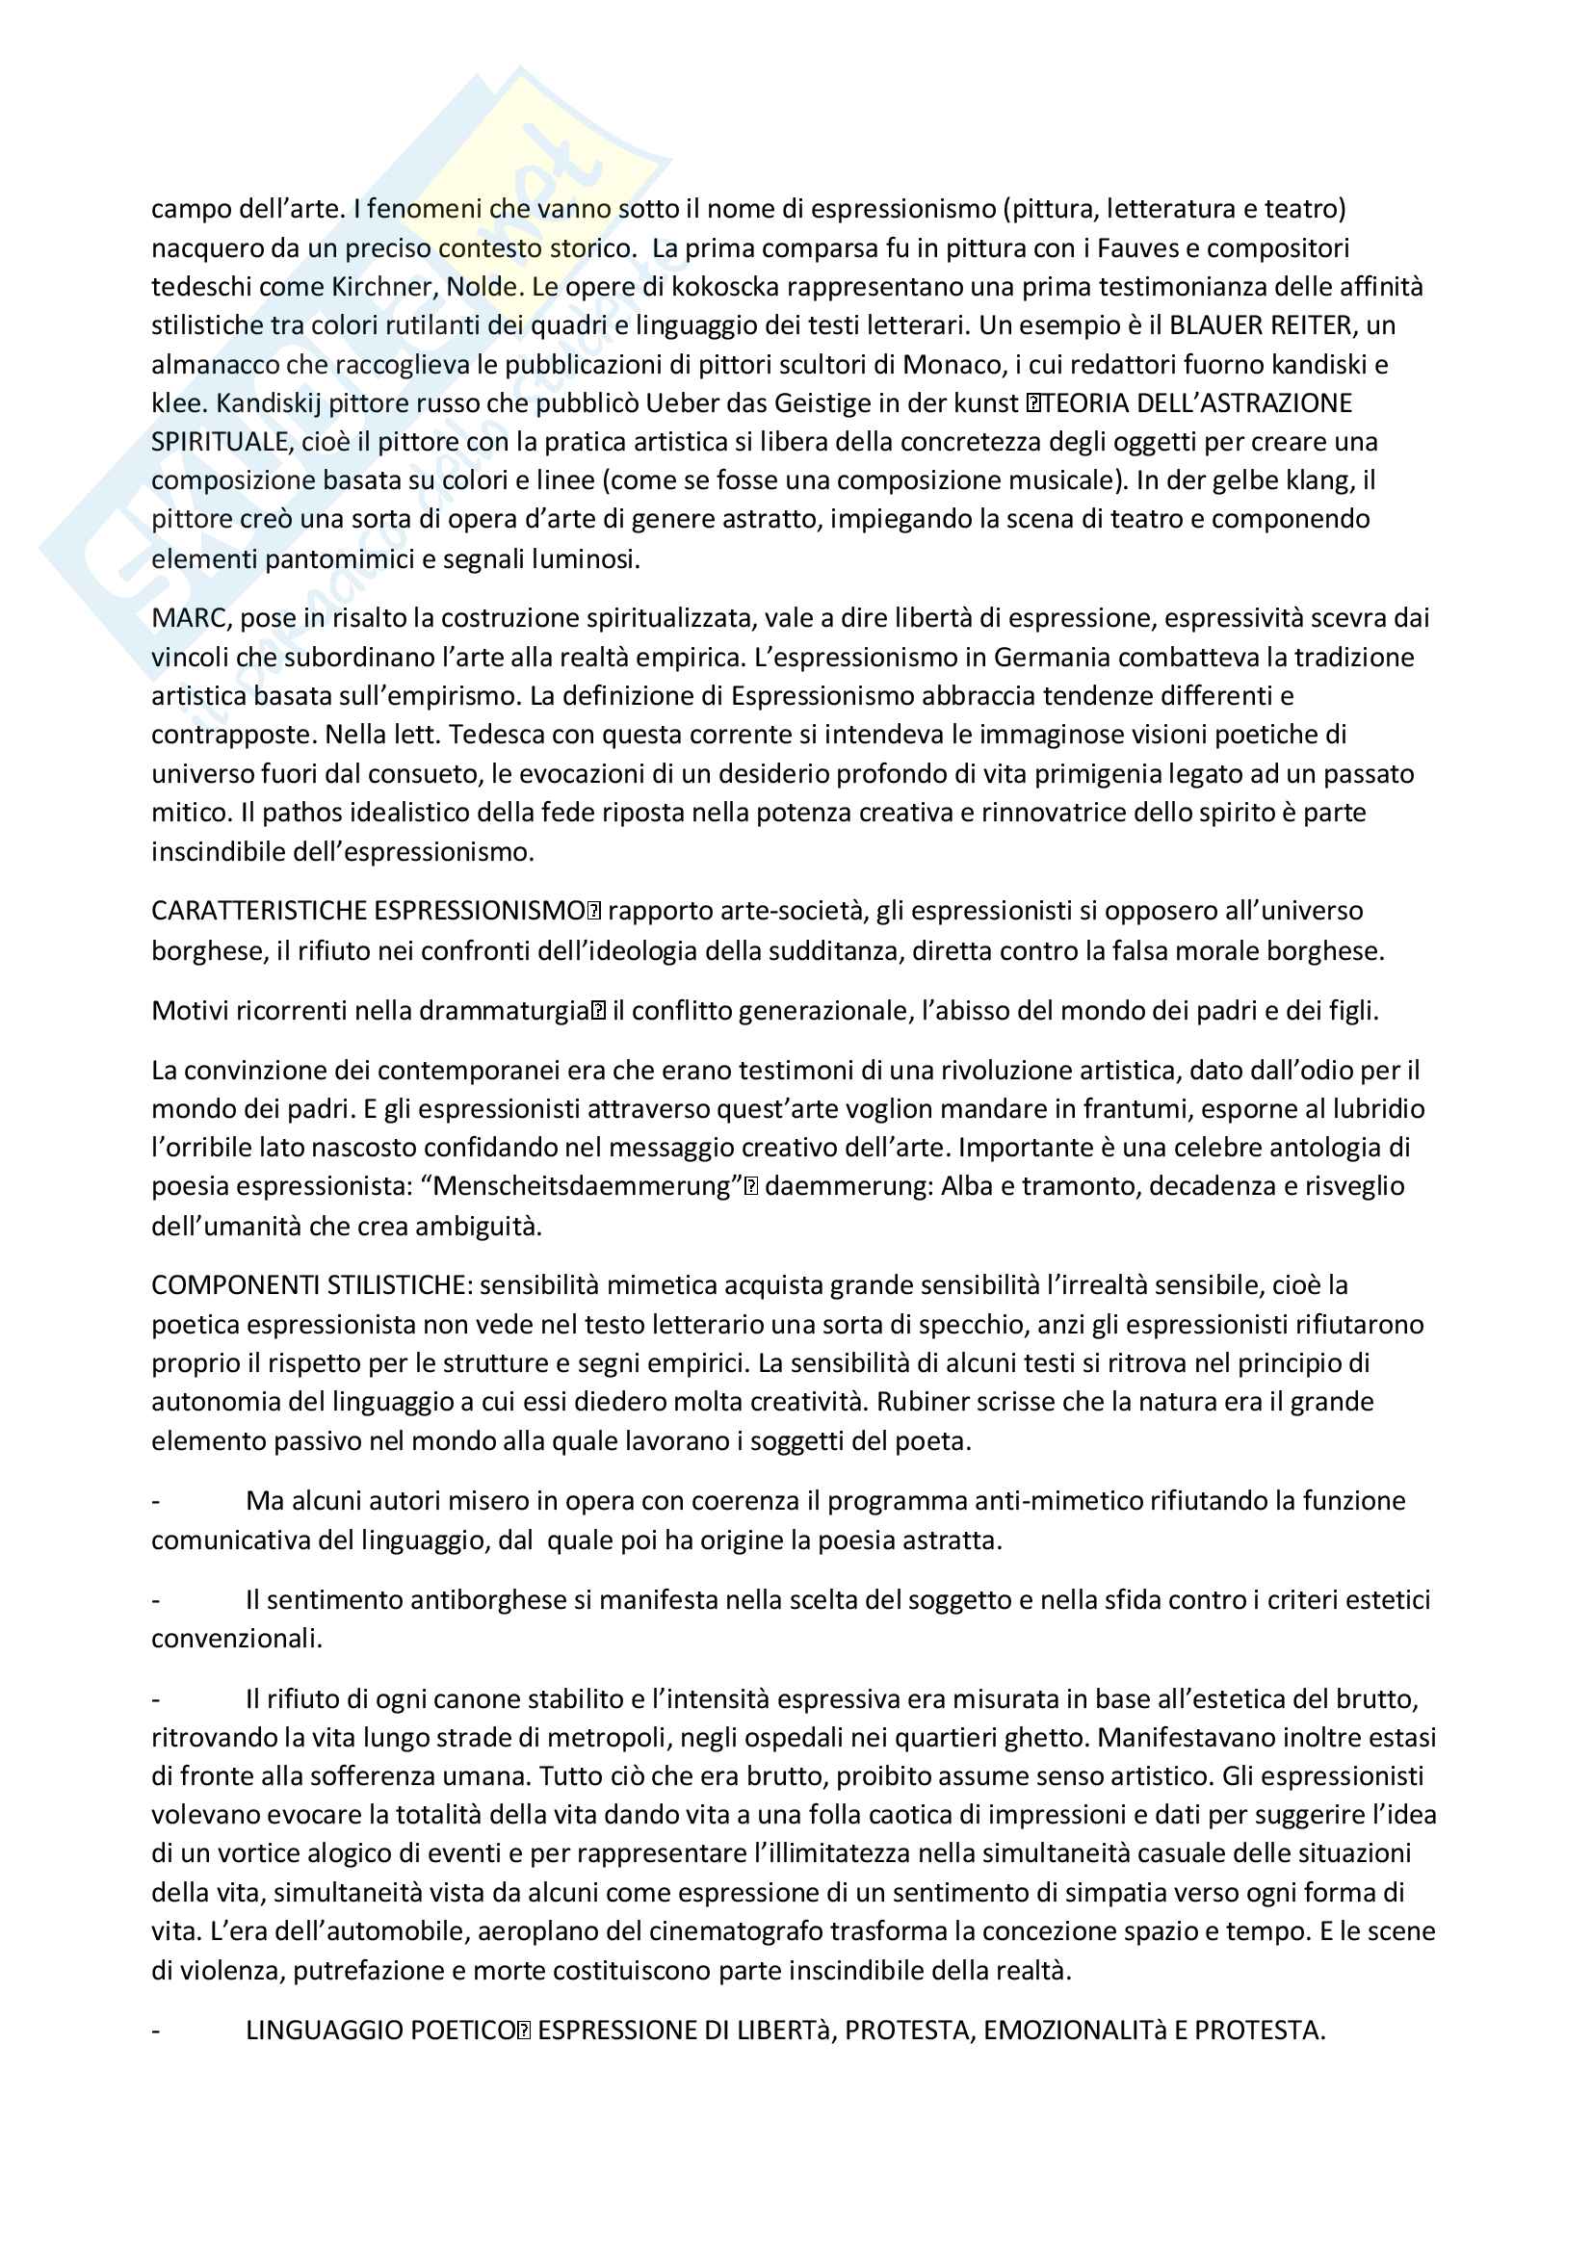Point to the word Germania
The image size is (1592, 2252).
coord(1050,658)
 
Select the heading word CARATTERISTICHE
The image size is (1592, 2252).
coord(258,911)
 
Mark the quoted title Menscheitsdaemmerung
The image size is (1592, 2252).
coord(587,1187)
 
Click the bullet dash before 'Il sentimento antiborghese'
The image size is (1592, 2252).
coord(156,1600)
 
